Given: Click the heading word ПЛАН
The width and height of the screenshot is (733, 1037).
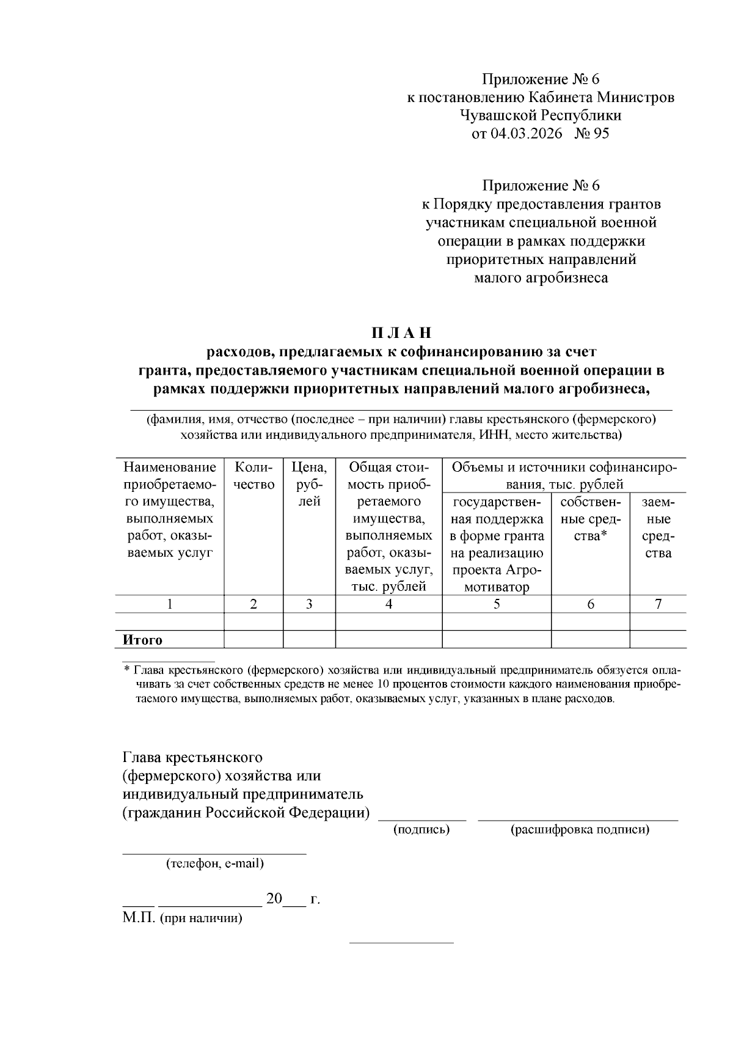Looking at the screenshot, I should click(x=401, y=333).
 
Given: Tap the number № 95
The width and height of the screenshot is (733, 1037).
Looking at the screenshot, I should click(x=592, y=133).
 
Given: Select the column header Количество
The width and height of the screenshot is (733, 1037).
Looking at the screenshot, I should click(x=253, y=476).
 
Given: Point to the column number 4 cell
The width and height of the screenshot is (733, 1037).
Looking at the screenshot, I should click(x=388, y=604).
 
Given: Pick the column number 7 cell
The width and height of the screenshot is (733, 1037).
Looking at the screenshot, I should click(x=658, y=604).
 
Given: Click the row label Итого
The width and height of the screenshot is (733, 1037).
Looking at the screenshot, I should click(x=143, y=640).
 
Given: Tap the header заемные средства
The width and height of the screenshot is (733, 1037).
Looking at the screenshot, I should click(x=658, y=527).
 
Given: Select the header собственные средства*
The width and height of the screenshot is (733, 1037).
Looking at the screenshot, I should click(x=590, y=519).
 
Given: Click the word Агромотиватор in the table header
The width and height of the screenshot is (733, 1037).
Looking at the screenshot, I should click(x=496, y=579).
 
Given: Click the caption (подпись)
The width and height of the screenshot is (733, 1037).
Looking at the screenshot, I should click(x=422, y=829).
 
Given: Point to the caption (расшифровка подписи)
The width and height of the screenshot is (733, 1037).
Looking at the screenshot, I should click(x=580, y=829).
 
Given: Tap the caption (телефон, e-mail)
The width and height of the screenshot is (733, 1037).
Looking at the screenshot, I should click(x=214, y=864).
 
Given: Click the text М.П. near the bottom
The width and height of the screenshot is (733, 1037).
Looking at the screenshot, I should click(x=139, y=918).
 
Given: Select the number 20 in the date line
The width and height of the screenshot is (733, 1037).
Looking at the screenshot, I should click(x=274, y=899).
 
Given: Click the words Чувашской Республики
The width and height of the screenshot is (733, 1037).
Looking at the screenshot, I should click(x=541, y=115).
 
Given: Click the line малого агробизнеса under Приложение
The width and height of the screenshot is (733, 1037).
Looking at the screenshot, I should click(x=541, y=278).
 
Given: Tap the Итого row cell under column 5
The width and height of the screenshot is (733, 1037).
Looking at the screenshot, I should click(x=496, y=640).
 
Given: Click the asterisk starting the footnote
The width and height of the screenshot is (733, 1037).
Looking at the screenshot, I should click(x=126, y=670).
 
